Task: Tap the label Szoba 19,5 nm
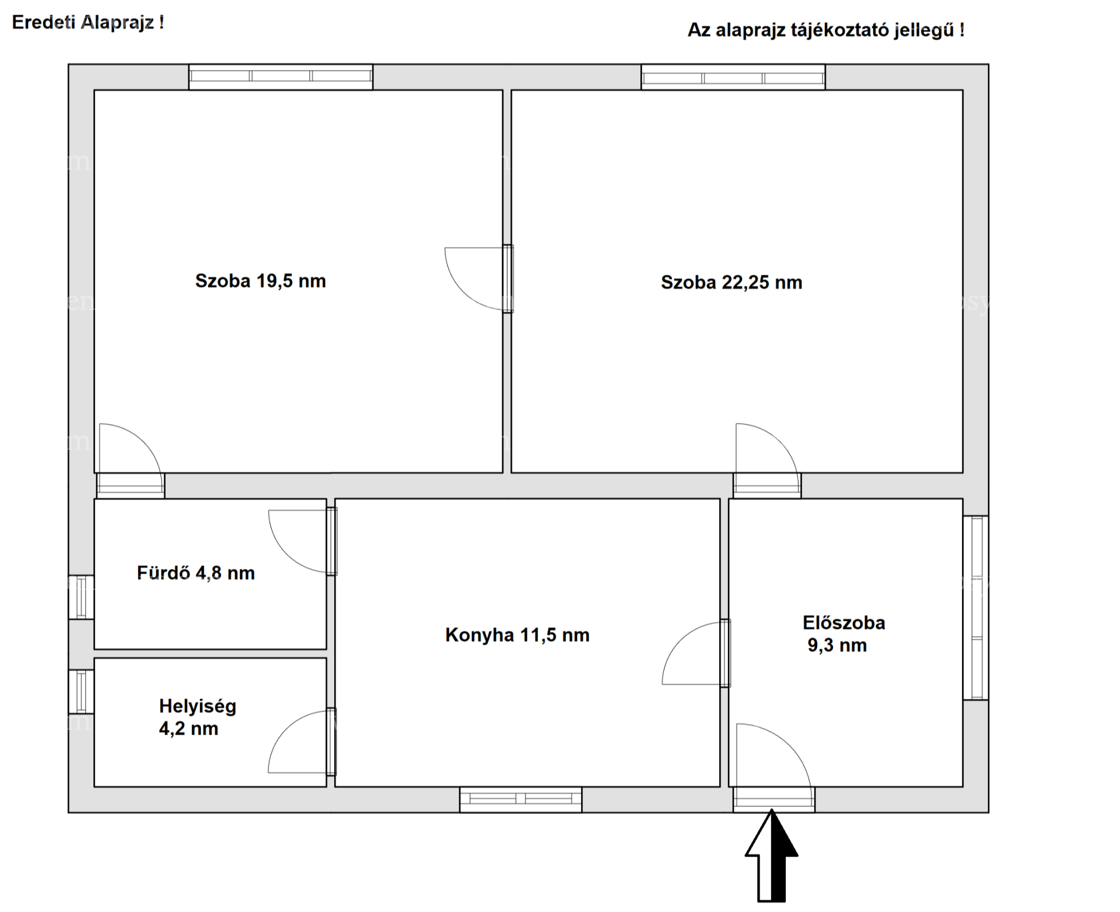click(x=260, y=281)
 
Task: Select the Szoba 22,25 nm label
click(x=731, y=283)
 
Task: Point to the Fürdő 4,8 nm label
click(x=196, y=573)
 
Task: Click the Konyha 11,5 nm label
click(x=517, y=635)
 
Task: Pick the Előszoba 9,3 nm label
click(x=843, y=634)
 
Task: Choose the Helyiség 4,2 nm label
click(x=198, y=718)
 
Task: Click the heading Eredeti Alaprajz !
click(x=88, y=23)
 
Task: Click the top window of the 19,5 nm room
click(x=281, y=76)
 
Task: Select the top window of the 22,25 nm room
click(x=733, y=77)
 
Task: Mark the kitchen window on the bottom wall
click(x=520, y=799)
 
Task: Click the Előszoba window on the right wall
click(x=975, y=607)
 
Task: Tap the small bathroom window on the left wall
click(x=81, y=597)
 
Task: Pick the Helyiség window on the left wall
click(x=81, y=691)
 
